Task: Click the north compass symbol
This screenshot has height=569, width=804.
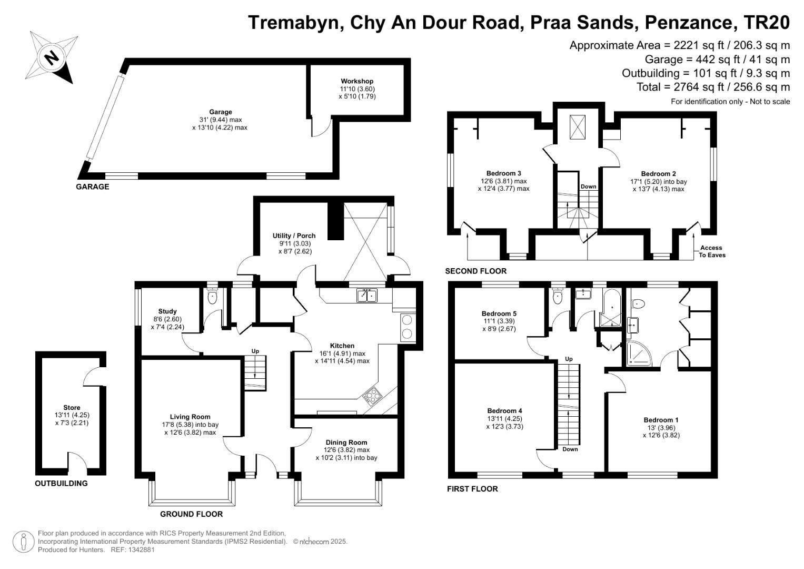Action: [x=51, y=57]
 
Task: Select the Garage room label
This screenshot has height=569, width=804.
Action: [x=220, y=112]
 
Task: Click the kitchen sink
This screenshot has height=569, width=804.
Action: [x=367, y=296]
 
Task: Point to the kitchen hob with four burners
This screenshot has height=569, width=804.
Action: [x=372, y=395]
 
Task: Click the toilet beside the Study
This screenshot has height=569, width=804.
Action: [x=212, y=297]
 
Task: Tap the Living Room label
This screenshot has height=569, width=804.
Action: [x=190, y=417]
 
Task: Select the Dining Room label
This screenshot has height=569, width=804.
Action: [x=346, y=443]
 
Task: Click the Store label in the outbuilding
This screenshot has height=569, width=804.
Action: [x=72, y=408]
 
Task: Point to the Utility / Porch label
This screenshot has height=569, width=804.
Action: [x=294, y=236]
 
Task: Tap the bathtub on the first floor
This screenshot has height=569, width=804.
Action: [x=611, y=308]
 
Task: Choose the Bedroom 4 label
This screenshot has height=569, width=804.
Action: [x=504, y=411]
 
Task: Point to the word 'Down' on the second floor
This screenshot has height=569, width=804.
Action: [x=588, y=187]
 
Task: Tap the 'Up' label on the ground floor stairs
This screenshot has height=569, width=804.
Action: [x=255, y=351]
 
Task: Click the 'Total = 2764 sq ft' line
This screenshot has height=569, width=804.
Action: [x=713, y=87]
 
